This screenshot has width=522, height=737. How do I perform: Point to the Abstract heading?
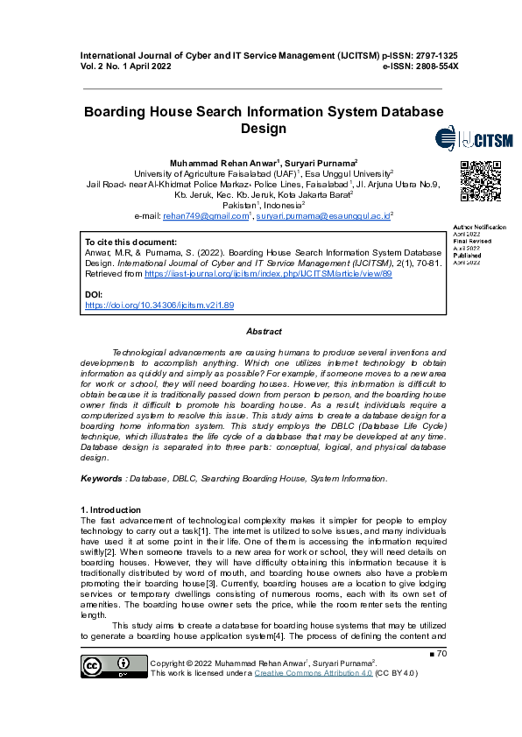point(264,332)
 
